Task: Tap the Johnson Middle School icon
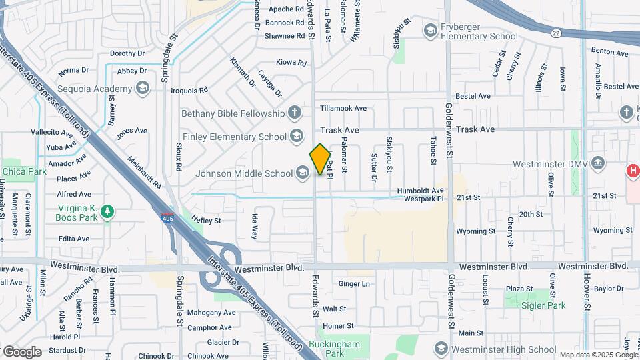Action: [x=303, y=174]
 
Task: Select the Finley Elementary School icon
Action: [x=297, y=137]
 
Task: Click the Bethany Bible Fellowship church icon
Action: [x=294, y=112]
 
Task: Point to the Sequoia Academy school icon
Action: [x=141, y=89]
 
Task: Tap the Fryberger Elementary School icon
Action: [x=430, y=31]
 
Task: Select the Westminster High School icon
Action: [x=440, y=349]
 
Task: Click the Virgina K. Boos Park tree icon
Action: [x=107, y=212]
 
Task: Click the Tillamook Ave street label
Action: [x=343, y=108]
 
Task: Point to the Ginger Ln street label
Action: [x=354, y=284]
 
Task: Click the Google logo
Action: [x=22, y=351]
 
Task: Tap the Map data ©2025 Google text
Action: [x=597, y=355]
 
